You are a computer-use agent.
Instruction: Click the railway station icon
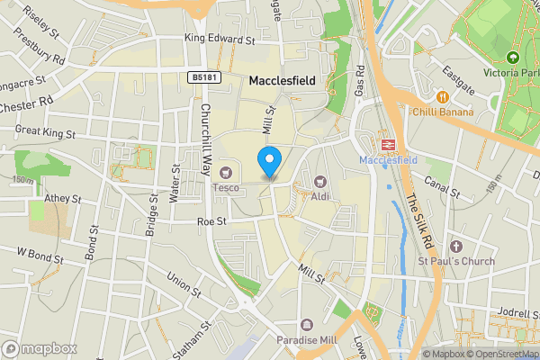[x=389, y=143]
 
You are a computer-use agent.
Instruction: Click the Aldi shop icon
[x=320, y=181]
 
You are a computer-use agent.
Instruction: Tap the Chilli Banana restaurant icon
[x=442, y=96]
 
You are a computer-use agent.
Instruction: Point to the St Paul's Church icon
[x=455, y=246]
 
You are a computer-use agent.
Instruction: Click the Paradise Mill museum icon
[x=308, y=325]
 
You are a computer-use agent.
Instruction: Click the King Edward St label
[x=220, y=40]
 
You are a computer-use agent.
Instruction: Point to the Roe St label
[x=211, y=219]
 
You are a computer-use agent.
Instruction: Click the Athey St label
[x=63, y=198]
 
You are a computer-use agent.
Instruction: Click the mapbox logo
[x=39, y=348]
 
